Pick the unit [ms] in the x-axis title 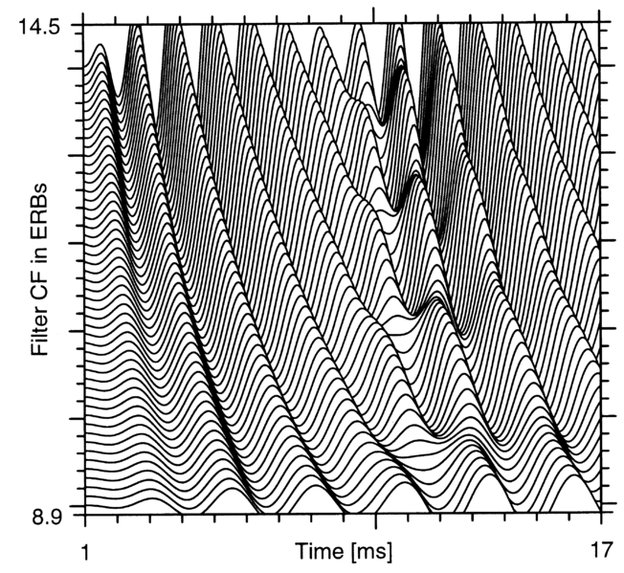pos(373,552)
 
